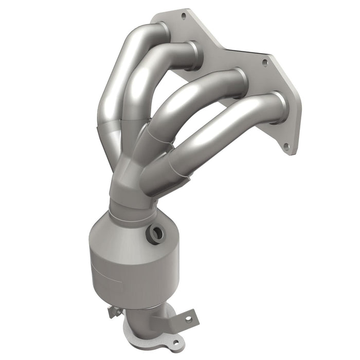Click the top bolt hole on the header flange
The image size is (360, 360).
[x=183, y=16]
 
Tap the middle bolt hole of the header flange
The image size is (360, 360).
[x=265, y=63]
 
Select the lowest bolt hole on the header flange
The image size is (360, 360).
[x=286, y=146]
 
